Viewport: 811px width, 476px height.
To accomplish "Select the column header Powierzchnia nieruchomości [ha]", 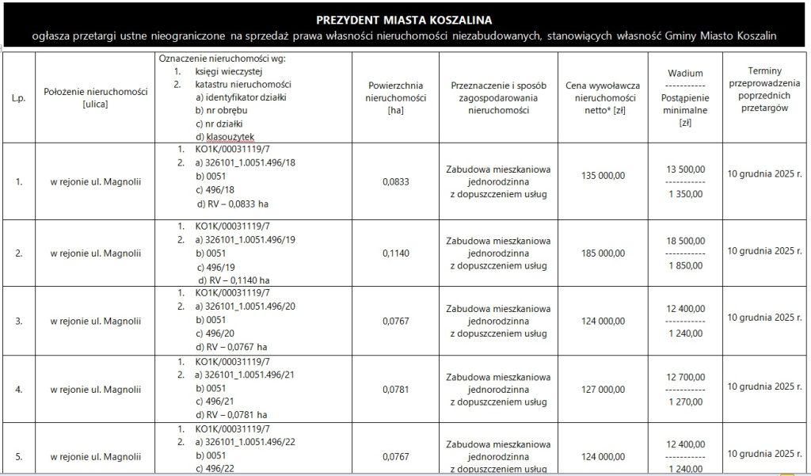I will point(396,97).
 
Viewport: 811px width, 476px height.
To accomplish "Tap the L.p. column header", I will point(18,97).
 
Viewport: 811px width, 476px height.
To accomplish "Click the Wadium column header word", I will point(680,72).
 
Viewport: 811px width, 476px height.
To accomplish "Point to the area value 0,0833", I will point(396,181).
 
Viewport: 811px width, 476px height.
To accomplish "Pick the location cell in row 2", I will point(96,253).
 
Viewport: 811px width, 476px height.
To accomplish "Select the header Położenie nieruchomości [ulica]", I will point(96,97).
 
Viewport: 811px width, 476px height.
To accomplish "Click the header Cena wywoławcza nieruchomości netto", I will point(603,97).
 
